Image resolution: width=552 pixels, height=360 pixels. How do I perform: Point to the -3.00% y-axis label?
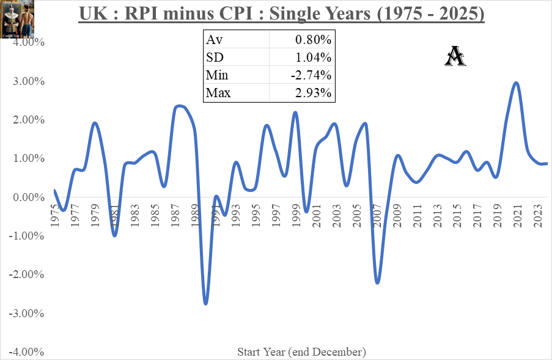[25, 314]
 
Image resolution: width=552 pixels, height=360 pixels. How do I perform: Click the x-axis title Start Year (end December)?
[301, 352]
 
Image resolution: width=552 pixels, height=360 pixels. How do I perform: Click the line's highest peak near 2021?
[517, 83]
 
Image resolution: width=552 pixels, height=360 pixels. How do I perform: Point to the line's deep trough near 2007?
[377, 283]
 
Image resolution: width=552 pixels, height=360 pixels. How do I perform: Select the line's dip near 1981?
[115, 235]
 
